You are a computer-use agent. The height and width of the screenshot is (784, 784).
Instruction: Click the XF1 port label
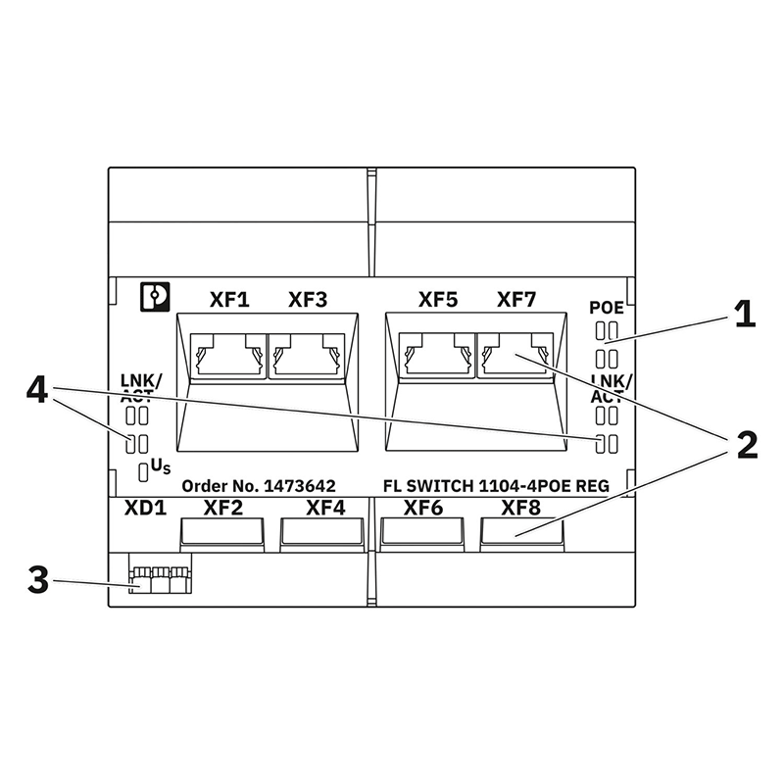click(x=230, y=299)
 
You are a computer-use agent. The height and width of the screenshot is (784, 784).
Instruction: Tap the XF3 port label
click(x=307, y=299)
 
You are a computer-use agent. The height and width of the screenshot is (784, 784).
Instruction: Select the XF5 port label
click(x=437, y=299)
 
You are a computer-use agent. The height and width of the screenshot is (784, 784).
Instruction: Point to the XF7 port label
click(x=516, y=299)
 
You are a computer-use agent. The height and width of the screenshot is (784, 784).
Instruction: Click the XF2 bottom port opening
click(x=222, y=532)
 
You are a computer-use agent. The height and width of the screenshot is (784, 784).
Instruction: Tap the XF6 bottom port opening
click(x=422, y=532)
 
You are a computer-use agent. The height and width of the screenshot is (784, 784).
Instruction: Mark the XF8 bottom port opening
click(x=521, y=532)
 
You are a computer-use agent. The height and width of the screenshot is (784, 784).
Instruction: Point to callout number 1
click(x=746, y=315)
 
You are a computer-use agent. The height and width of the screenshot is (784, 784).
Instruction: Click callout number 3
click(x=36, y=580)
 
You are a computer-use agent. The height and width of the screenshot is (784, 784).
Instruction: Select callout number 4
click(x=36, y=392)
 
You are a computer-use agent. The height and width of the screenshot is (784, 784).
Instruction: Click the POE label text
click(x=607, y=308)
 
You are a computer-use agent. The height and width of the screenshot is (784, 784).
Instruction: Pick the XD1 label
click(x=144, y=509)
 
